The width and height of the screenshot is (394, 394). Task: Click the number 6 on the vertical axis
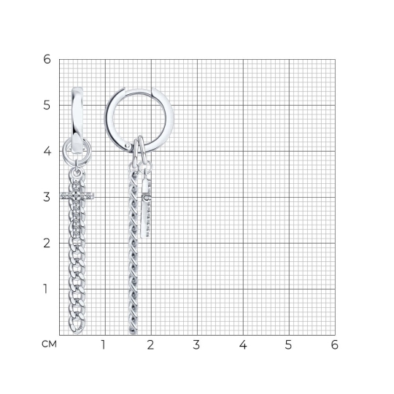[47, 59]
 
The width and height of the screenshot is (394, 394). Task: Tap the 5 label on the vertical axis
[47, 105]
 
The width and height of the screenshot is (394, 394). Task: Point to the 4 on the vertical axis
[47, 151]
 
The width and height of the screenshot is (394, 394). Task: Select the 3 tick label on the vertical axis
[47, 197]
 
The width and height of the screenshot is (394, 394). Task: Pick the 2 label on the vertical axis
[47, 243]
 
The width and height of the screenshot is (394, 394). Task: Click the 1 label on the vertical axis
[45, 289]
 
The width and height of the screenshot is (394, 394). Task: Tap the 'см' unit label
[50, 344]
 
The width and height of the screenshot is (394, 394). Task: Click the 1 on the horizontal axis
[103, 344]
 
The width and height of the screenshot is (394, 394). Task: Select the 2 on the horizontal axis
[150, 344]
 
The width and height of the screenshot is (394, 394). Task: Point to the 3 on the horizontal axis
[196, 344]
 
